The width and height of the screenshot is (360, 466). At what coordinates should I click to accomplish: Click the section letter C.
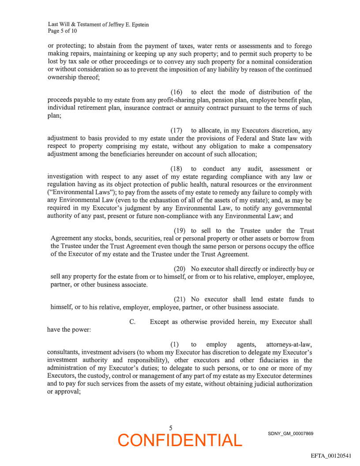pyautogui.click(x=132, y=322)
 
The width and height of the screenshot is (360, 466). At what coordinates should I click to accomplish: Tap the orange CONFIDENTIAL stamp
pyautogui.click(x=180, y=440)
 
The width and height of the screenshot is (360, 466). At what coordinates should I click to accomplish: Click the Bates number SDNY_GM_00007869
pyautogui.click(x=290, y=434)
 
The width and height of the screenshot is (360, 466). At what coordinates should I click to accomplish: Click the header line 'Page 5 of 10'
pyautogui.click(x=63, y=31)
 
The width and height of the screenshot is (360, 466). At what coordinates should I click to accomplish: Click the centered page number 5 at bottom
pyautogui.click(x=171, y=428)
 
